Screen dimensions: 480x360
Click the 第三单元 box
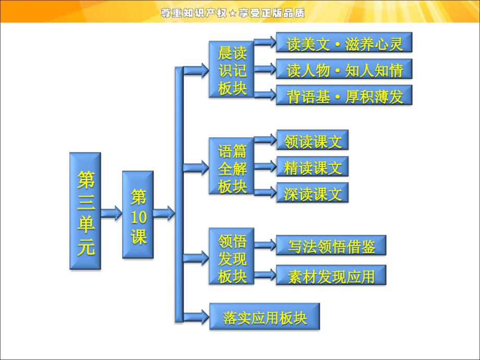tap(85, 211)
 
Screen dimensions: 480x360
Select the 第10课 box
tap(138, 214)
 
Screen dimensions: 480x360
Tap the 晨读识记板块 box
tap(232, 69)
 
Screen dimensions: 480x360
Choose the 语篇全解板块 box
tap(232, 166)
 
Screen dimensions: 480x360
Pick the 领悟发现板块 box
tap(232, 257)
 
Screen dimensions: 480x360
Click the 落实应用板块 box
tap(265, 317)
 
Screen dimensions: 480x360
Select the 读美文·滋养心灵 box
tap(344, 43)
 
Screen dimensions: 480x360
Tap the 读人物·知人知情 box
tap(344, 69)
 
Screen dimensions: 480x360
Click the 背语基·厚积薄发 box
tap(344, 95)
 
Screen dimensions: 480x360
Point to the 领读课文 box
tap(313, 140)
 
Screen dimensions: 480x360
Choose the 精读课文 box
tap(313, 166)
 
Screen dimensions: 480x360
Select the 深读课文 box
tap(313, 193)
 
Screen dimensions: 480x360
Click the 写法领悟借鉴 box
tap(331, 246)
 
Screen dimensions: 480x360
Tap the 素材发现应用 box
tap(331, 275)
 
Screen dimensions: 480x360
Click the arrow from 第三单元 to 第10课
tap(112, 213)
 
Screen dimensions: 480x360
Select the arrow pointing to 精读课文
tap(266, 166)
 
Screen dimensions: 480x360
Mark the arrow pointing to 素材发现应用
tap(266, 274)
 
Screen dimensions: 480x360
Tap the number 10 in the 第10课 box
tap(138, 217)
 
